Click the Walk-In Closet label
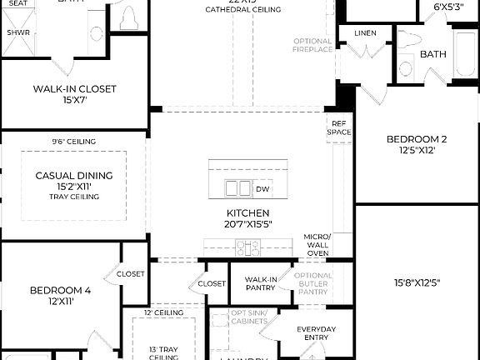(75, 89)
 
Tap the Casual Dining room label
(74, 176)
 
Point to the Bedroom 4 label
(60, 291)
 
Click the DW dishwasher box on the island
(262, 189)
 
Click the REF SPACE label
(338, 127)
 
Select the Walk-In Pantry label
(261, 282)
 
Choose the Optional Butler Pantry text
(313, 283)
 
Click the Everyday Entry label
(317, 333)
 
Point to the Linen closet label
(365, 33)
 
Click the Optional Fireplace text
(312, 45)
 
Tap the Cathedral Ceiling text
(244, 10)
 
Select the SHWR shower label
(18, 32)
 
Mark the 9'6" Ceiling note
(73, 142)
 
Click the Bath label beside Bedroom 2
(433, 54)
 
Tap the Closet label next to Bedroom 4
(131, 273)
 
